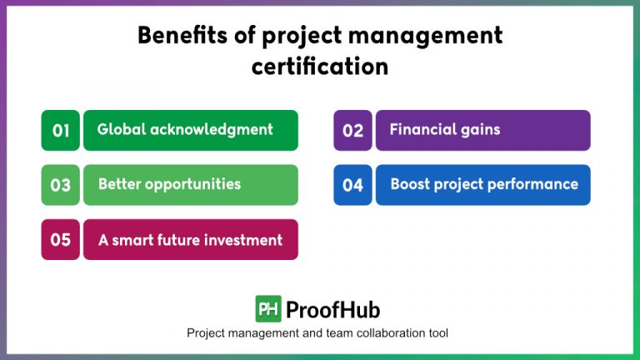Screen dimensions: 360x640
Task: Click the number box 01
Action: (61, 130)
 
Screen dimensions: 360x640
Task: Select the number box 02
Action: (353, 130)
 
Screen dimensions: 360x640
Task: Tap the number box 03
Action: (61, 185)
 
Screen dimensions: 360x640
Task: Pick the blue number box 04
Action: (353, 185)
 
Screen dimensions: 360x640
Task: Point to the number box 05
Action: (61, 240)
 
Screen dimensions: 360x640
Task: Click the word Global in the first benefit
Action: (121, 129)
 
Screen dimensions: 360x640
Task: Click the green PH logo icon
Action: (268, 309)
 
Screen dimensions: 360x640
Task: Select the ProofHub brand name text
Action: (332, 310)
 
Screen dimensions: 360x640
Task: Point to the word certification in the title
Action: (320, 66)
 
